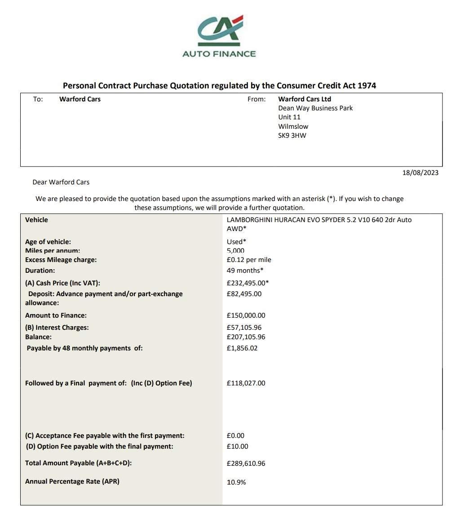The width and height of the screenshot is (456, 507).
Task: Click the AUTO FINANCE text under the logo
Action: pos(219,54)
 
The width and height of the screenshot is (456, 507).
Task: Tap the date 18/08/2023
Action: pos(420,173)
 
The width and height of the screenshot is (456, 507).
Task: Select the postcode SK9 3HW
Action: pos(292,135)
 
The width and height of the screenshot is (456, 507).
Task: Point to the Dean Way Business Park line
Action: pos(315,108)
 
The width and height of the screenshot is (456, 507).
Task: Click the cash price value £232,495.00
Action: pos(248,283)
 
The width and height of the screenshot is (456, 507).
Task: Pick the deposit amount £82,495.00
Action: pos(244,294)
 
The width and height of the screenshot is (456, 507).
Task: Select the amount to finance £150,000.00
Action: pos(246,315)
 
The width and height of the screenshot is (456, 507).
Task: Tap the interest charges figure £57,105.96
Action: pos(244,328)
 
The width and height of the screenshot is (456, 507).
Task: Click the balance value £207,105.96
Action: pos(246,337)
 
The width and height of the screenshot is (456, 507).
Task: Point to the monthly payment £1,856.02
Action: pos(242,348)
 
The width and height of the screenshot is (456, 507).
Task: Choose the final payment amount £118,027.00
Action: pos(246,383)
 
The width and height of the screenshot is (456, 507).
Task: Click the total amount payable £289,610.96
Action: pos(246,463)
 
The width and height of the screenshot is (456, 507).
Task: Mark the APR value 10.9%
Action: pos(236,482)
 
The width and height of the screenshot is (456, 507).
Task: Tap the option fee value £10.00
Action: pos(237,446)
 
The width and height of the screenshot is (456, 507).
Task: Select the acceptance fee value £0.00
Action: pos(235,436)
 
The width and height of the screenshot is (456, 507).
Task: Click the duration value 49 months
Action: pos(245,271)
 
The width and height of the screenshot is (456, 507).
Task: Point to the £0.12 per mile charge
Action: pos(249,260)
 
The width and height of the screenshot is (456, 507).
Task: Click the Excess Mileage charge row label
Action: pos(61,260)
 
